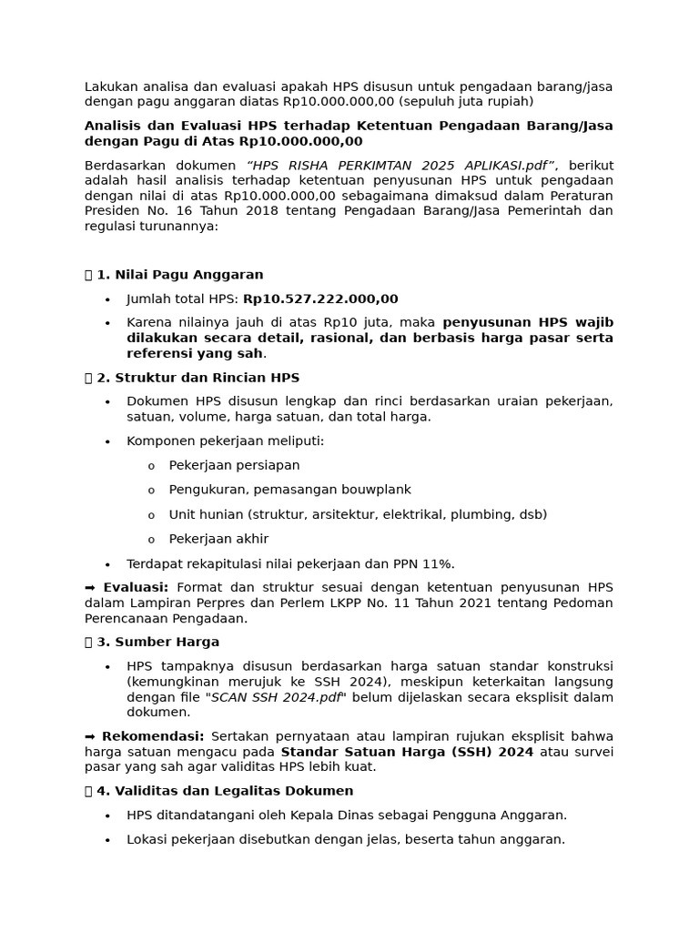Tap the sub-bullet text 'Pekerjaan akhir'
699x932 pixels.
pos(218,539)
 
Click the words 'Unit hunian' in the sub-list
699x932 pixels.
pos(206,514)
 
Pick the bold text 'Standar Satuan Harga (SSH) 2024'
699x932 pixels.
pos(407,752)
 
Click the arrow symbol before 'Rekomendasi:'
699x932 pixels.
pos(91,736)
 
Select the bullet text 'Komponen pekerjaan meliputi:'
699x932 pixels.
pos(225,441)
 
